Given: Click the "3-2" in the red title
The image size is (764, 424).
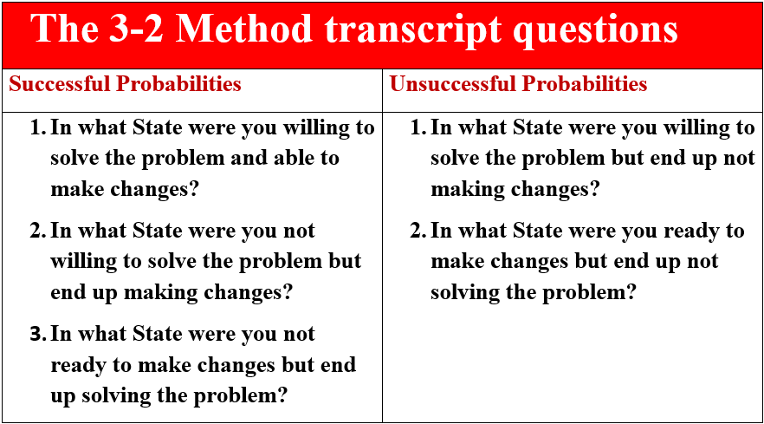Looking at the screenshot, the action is (x=135, y=29).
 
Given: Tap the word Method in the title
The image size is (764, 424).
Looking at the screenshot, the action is (x=243, y=29).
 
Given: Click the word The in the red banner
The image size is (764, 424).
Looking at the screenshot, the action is (x=64, y=29).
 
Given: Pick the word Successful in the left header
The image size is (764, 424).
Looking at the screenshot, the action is (x=60, y=83).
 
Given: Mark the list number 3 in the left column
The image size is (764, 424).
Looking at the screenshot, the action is (x=37, y=334).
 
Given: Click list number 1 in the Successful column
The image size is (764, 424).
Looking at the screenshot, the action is (x=37, y=127).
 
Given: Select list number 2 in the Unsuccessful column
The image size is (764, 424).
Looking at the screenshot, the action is (x=418, y=231).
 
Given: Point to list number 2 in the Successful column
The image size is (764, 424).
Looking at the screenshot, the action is (x=37, y=231).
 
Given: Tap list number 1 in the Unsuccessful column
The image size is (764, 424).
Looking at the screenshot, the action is (x=418, y=127).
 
